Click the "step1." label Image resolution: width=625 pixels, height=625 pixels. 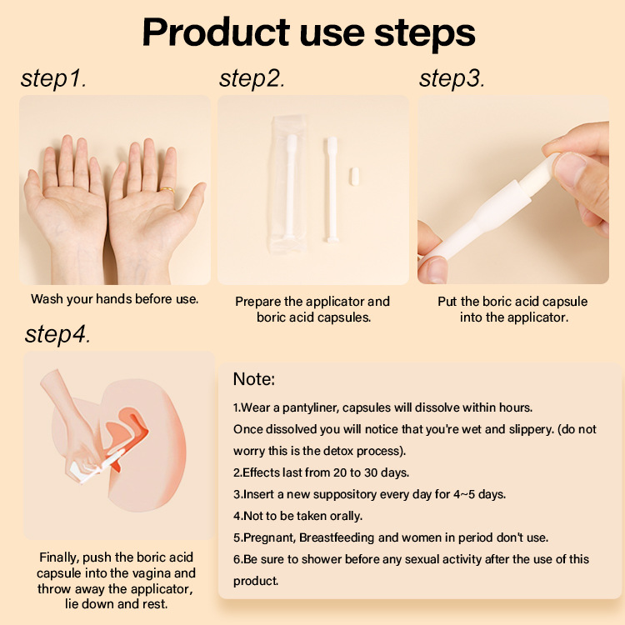point(54,79)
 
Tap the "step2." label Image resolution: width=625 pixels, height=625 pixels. point(252,79)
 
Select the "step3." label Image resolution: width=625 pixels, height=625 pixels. point(452,79)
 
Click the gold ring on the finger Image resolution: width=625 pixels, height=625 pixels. point(167,189)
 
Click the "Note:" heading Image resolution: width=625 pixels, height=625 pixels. point(253,379)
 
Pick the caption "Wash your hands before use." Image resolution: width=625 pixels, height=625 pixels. point(114,298)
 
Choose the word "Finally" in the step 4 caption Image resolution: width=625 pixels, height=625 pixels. point(61,557)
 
